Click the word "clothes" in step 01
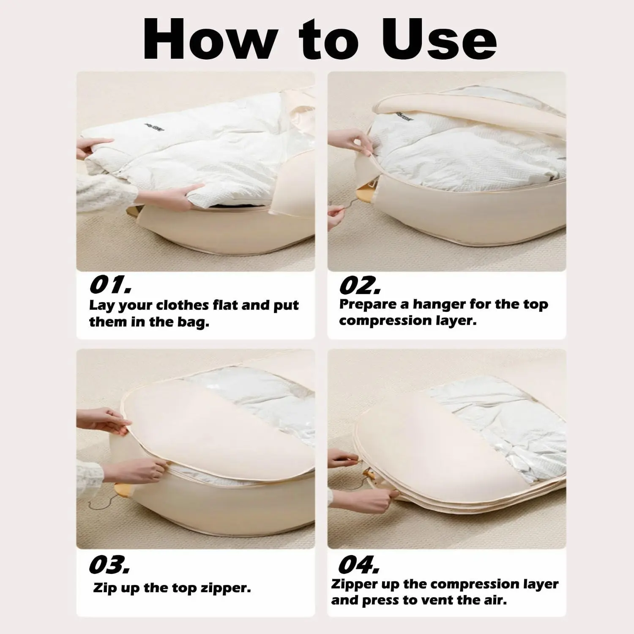coord(182,305)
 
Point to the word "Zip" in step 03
coord(105,588)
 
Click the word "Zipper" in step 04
coord(354,585)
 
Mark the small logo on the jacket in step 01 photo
coord(155,126)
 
